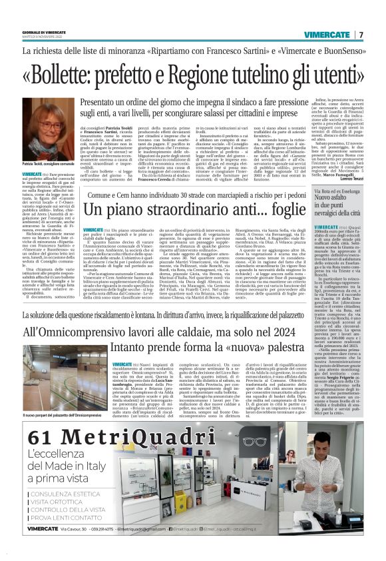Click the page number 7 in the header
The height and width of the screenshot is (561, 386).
tap(361, 35)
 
